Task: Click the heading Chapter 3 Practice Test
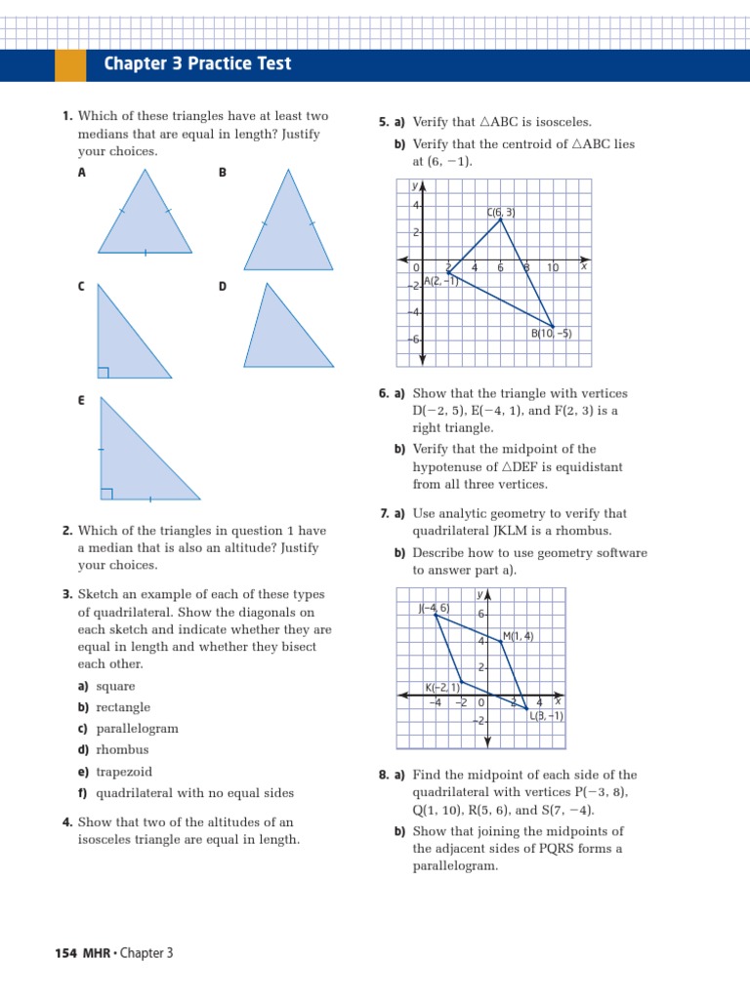point(197,64)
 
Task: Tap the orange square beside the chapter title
point(70,64)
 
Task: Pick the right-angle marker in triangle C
point(103,372)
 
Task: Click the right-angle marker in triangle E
point(106,494)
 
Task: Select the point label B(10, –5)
point(551,333)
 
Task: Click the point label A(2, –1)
point(440,281)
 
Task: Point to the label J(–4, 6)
point(434,608)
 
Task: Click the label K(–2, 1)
point(441,687)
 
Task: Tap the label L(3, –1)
point(546,715)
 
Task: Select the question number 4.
point(67,822)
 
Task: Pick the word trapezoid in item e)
point(124,772)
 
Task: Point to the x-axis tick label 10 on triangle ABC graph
point(552,267)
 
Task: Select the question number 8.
point(384,776)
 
